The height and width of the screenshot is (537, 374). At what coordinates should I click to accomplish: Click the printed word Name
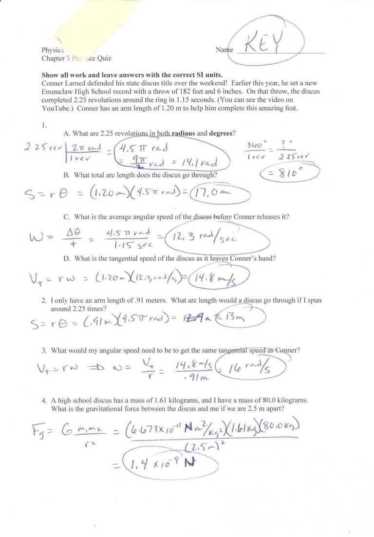click(224, 50)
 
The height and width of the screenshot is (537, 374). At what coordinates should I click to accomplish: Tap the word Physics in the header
click(53, 50)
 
